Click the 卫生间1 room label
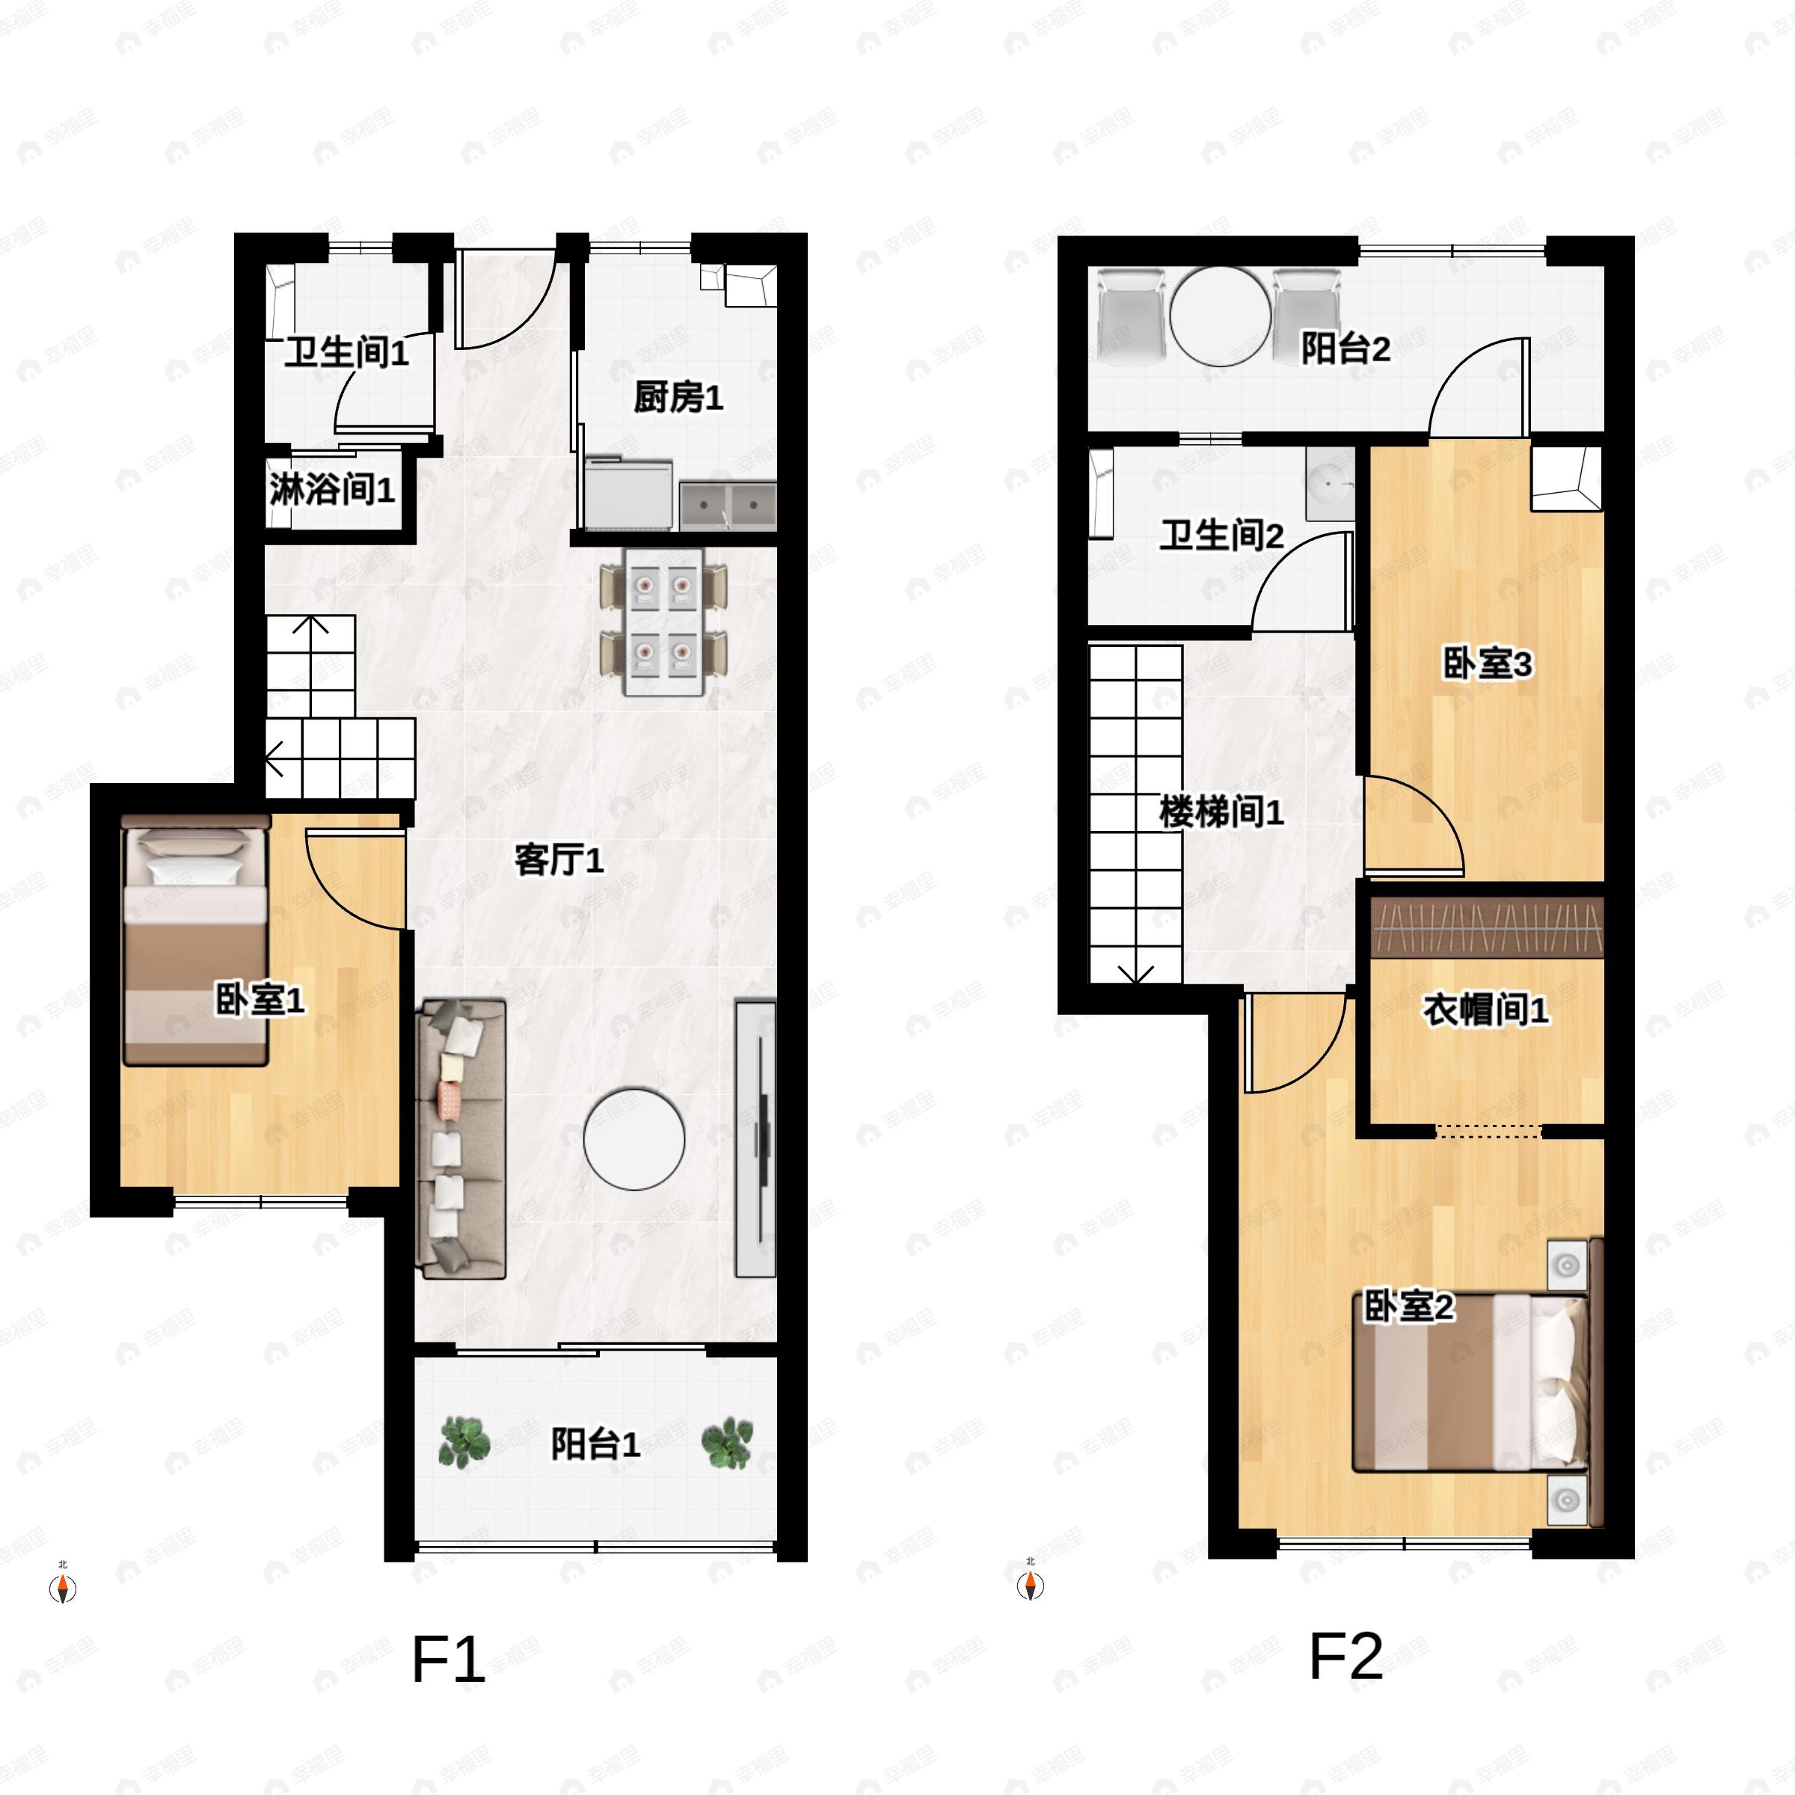(x=346, y=353)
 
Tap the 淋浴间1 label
(x=331, y=488)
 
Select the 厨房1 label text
(x=678, y=398)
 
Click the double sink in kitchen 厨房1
(x=728, y=506)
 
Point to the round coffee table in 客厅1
(x=634, y=1139)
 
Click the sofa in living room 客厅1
(x=461, y=1139)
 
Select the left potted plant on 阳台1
(x=464, y=1441)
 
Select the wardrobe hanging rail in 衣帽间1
(x=1488, y=928)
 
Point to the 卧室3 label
(x=1487, y=664)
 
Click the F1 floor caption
(x=448, y=1660)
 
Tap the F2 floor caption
(x=1346, y=1656)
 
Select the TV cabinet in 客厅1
(x=755, y=1139)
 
